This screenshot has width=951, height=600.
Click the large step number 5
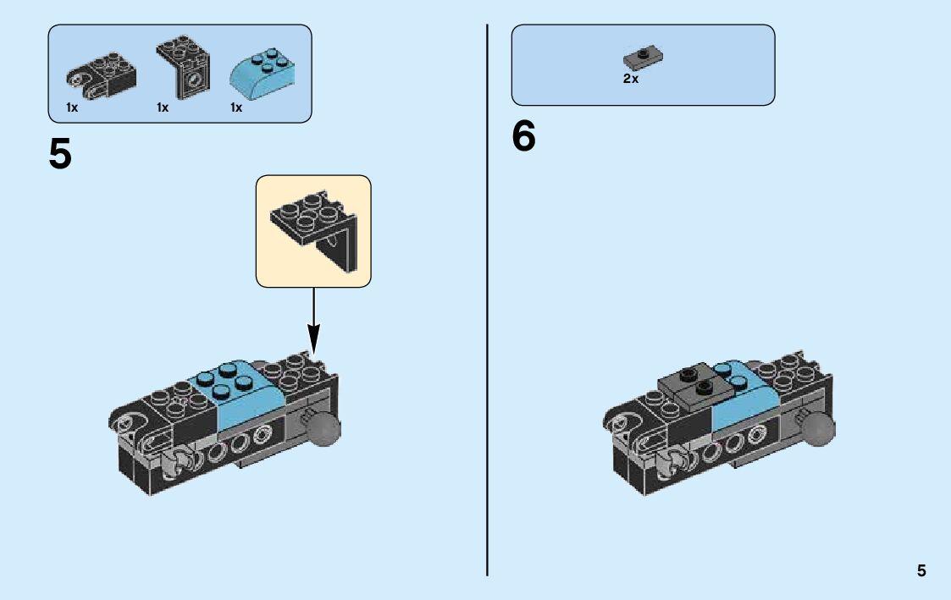pyautogui.click(x=60, y=154)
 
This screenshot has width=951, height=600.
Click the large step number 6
pyautogui.click(x=524, y=137)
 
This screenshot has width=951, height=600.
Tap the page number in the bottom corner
pyautogui.click(x=921, y=571)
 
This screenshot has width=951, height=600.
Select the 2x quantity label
pyautogui.click(x=631, y=79)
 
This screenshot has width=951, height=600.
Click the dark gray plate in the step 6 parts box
pyautogui.click(x=643, y=58)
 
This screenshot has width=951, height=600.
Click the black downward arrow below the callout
pyautogui.click(x=314, y=322)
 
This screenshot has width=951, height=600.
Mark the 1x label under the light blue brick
pyautogui.click(x=236, y=108)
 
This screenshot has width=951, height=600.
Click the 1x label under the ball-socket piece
pyautogui.click(x=72, y=108)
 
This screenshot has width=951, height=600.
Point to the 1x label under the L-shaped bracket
pyautogui.click(x=163, y=108)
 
